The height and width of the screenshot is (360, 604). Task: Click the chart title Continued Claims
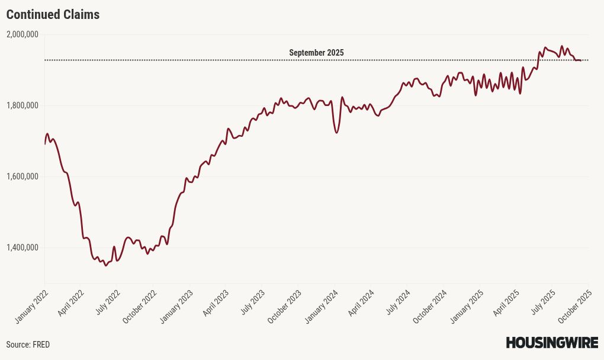pos(53,15)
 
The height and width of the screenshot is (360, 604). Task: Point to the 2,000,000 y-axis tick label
pos(22,34)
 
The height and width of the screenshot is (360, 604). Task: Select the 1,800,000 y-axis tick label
pos(22,105)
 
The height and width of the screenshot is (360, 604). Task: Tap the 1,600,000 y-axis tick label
pos(22,176)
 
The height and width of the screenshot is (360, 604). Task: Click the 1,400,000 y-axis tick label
pos(22,247)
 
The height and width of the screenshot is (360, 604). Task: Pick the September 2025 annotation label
pos(316,53)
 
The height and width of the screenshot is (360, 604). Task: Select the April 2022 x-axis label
pos(71,303)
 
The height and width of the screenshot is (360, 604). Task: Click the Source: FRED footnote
pos(28,345)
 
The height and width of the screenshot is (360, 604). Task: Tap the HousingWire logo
pos(551,343)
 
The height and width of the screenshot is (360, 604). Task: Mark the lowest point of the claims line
pos(106,266)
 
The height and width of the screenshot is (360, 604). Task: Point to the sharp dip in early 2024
pos(336,133)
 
